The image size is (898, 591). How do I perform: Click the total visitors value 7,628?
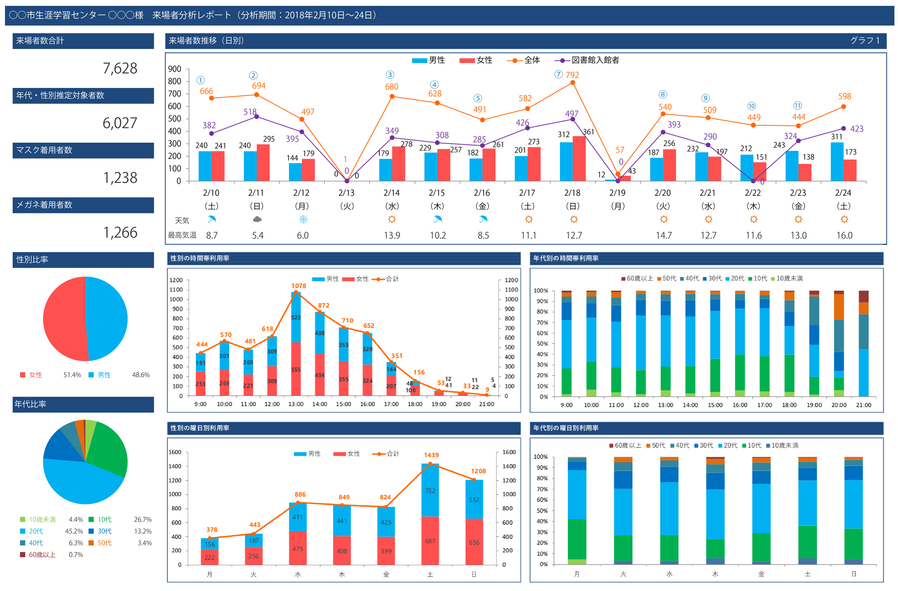coord(120,68)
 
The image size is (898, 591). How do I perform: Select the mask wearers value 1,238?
coord(120,178)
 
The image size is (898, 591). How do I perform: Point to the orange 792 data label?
coord(572,75)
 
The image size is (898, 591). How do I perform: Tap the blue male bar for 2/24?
coord(837,162)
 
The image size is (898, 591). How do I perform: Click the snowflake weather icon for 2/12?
coord(303,220)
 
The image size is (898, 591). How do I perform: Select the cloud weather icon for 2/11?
coord(257,220)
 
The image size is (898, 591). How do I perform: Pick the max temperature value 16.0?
coord(844,235)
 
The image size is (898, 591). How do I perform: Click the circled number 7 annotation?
coord(559,74)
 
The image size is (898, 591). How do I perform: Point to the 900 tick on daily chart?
coord(175,69)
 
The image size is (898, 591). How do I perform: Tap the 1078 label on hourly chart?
coord(299,286)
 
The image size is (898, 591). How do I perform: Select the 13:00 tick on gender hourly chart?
coord(296,404)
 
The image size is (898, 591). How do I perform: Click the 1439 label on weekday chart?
coord(431,455)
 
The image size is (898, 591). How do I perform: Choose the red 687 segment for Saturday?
coord(430,541)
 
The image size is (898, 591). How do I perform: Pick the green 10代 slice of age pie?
coord(108,447)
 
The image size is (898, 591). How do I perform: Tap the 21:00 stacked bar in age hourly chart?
coord(863,344)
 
